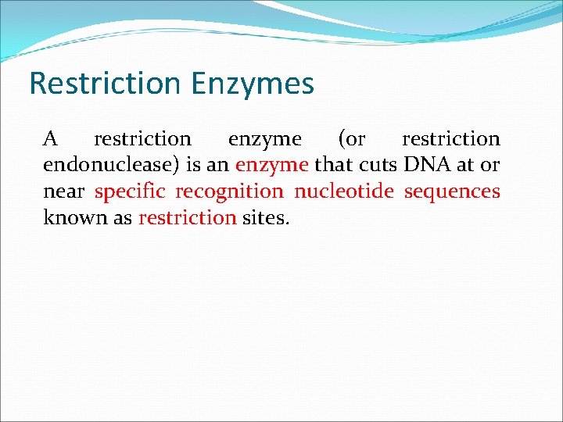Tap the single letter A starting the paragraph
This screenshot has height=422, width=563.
[50, 139]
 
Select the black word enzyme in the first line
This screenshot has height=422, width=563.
[264, 140]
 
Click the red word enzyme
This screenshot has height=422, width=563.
[272, 166]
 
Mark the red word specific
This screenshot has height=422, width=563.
[131, 191]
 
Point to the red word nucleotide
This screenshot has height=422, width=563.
[344, 191]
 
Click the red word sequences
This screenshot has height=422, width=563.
[452, 191]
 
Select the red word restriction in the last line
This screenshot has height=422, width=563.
[187, 217]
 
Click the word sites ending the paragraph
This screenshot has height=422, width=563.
[265, 217]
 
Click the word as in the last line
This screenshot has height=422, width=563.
[123, 217]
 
